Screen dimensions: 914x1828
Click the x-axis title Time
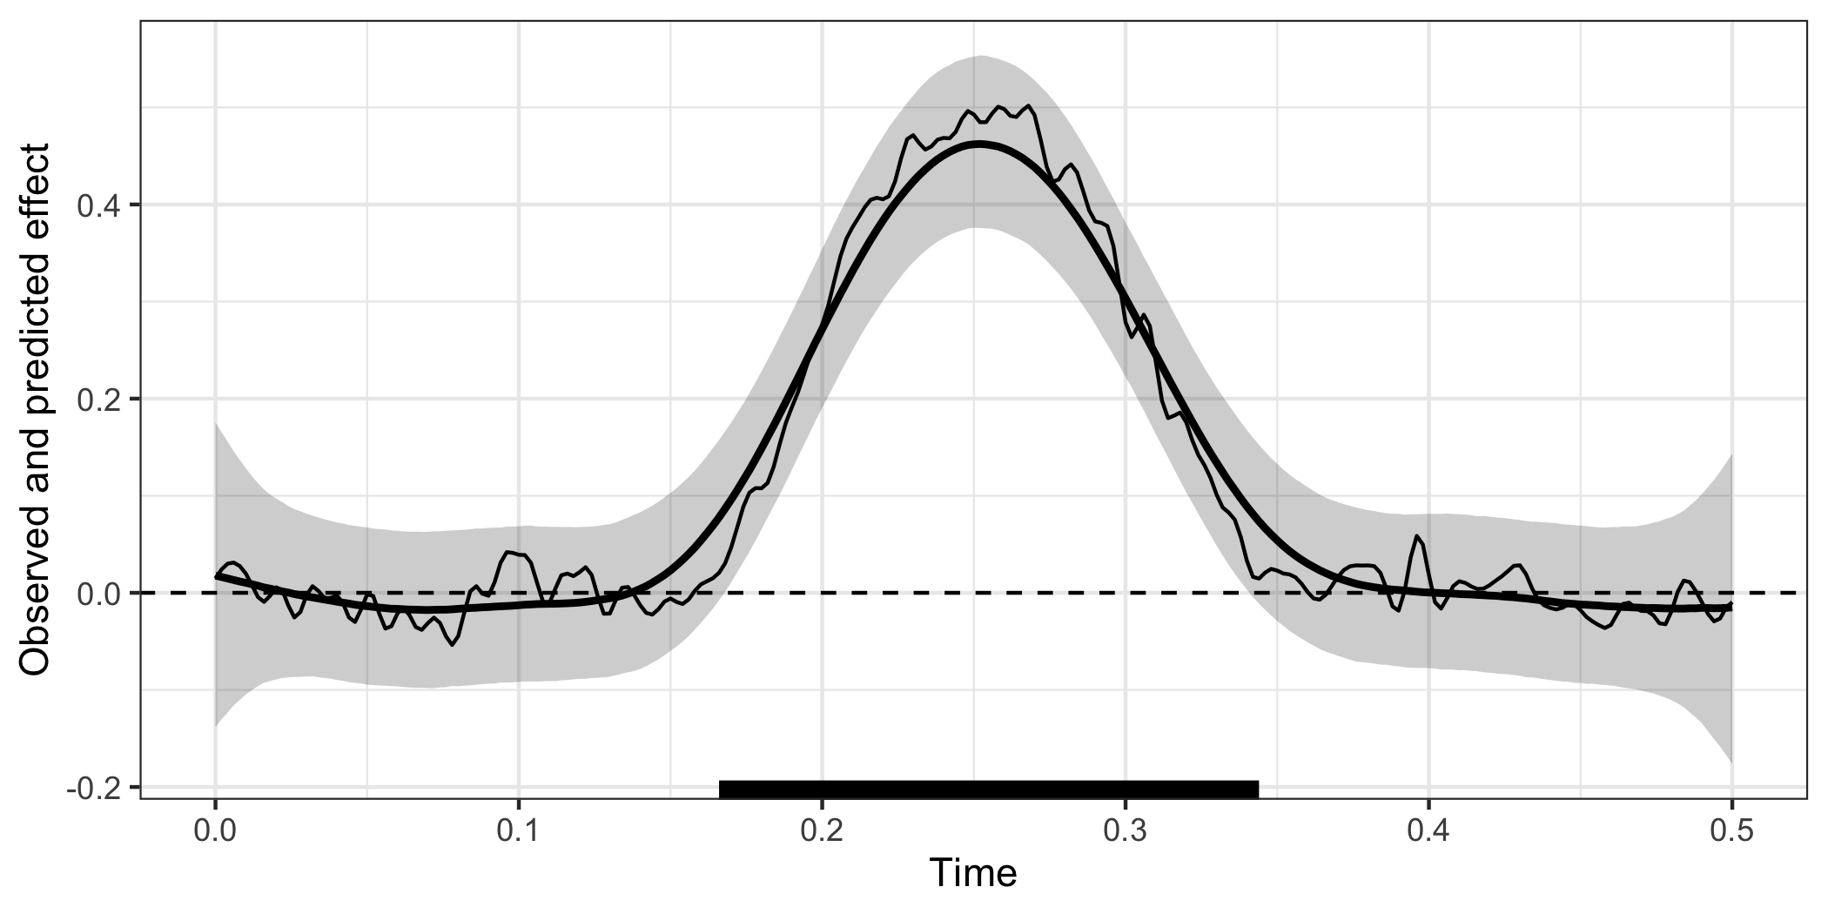click(973, 873)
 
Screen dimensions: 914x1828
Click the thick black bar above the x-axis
click(989, 789)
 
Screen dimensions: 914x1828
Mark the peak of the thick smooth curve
click(979, 144)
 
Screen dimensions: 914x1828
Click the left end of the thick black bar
click(722, 789)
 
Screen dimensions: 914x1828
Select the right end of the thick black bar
click(1256, 789)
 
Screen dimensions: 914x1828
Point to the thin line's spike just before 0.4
click(1417, 536)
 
